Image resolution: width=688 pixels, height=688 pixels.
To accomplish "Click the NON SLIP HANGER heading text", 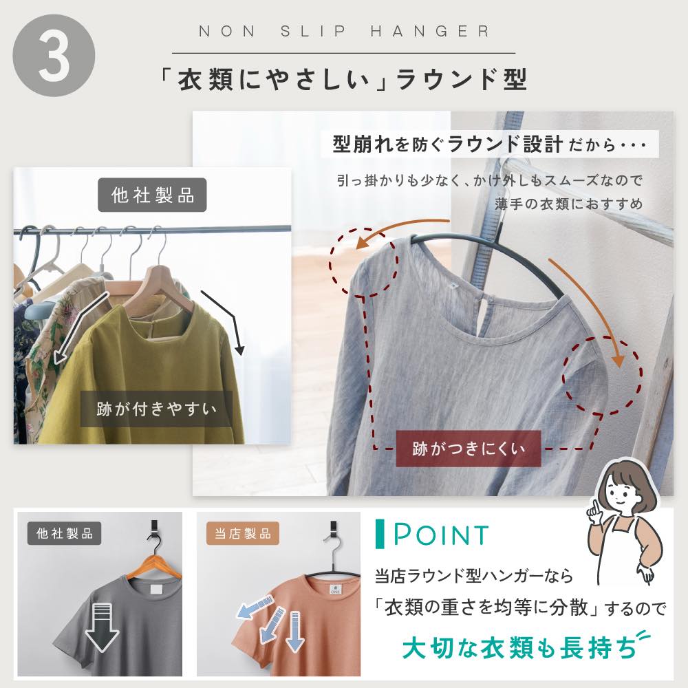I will coord(344,31).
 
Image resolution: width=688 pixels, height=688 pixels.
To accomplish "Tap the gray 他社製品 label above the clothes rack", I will coord(152,195).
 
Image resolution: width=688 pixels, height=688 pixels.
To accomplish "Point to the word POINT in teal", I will coord(441,534).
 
